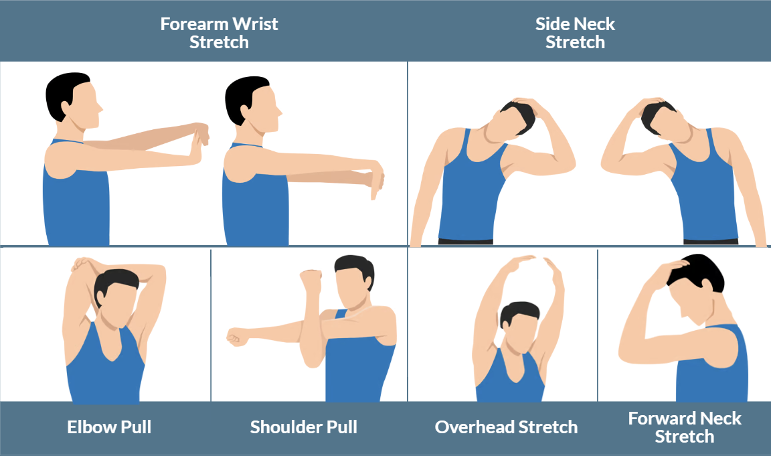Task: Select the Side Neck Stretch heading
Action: tap(575, 33)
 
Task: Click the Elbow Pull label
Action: tap(109, 427)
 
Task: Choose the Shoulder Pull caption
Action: tap(303, 427)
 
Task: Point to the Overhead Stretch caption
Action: tap(506, 427)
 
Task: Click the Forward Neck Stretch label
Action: tap(685, 428)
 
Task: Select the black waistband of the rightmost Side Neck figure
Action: tap(710, 241)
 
